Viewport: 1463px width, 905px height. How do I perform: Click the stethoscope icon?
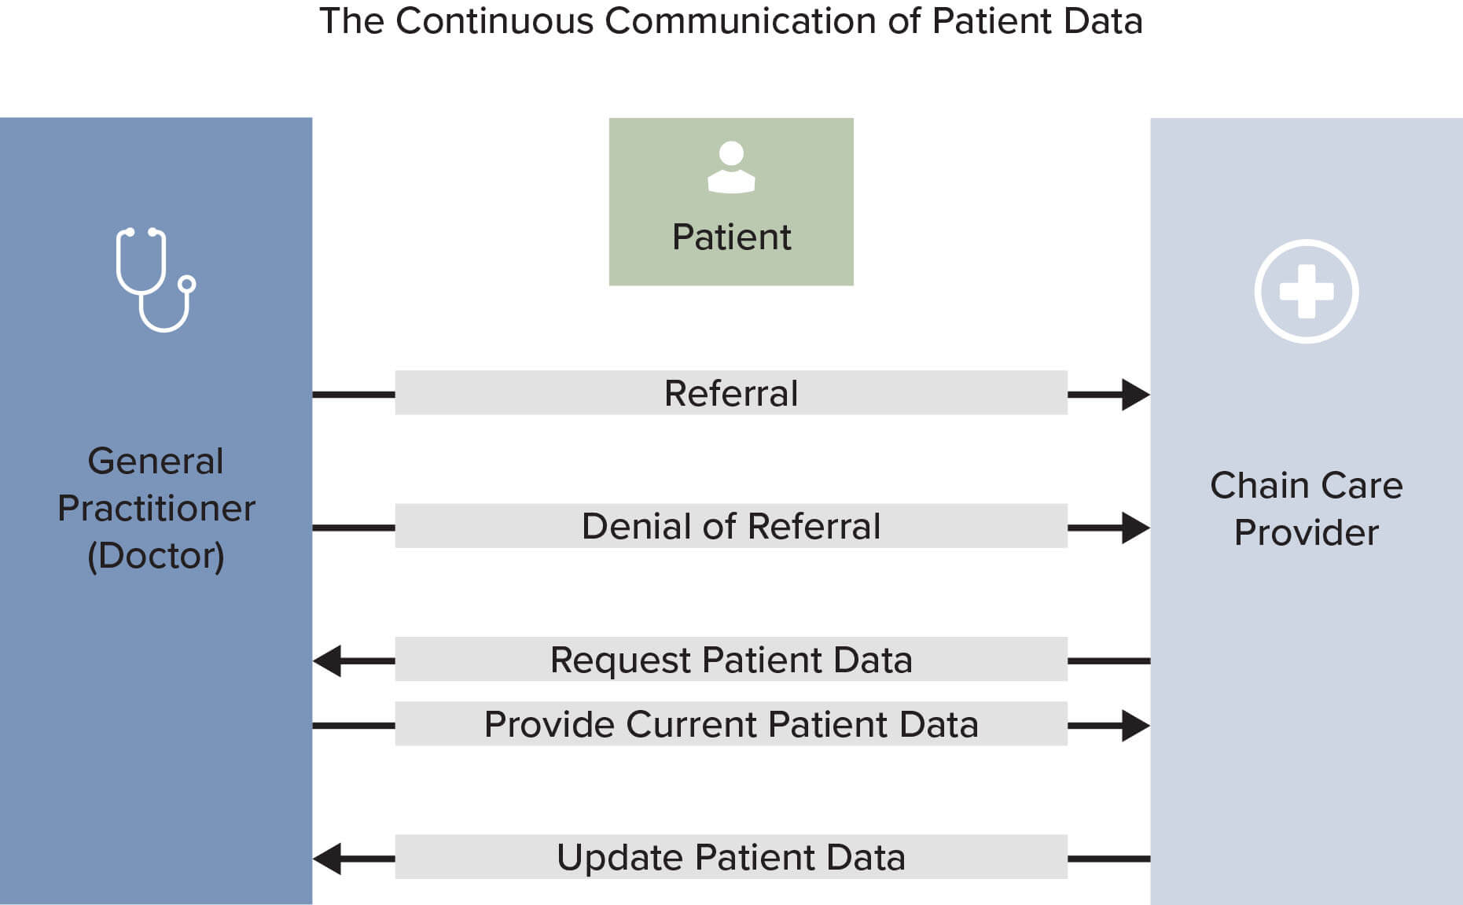[156, 280]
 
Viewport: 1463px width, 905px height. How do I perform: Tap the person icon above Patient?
[731, 167]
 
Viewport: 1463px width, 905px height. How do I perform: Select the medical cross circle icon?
[1306, 291]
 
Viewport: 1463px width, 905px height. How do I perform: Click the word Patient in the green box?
[731, 237]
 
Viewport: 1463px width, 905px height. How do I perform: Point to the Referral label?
[731, 393]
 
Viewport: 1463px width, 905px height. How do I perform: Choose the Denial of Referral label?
[731, 526]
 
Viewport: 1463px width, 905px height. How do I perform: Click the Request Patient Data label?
[731, 660]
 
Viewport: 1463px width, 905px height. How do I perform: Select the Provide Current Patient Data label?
[731, 724]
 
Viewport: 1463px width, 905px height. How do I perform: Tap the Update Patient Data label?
[731, 857]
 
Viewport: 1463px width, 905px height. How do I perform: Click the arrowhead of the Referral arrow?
[1135, 394]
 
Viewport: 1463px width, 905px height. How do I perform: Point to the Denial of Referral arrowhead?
[1135, 528]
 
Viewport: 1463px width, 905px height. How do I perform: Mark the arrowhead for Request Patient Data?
[329, 661]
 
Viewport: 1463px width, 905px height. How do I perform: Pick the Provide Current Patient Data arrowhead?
[1135, 725]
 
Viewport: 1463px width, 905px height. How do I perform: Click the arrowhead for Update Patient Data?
[329, 859]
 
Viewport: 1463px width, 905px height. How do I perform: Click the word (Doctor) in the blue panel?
[156, 556]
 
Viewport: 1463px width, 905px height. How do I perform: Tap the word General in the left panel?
[156, 461]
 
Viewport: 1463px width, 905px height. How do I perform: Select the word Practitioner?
[156, 508]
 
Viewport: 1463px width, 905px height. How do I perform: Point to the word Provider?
[1306, 532]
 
